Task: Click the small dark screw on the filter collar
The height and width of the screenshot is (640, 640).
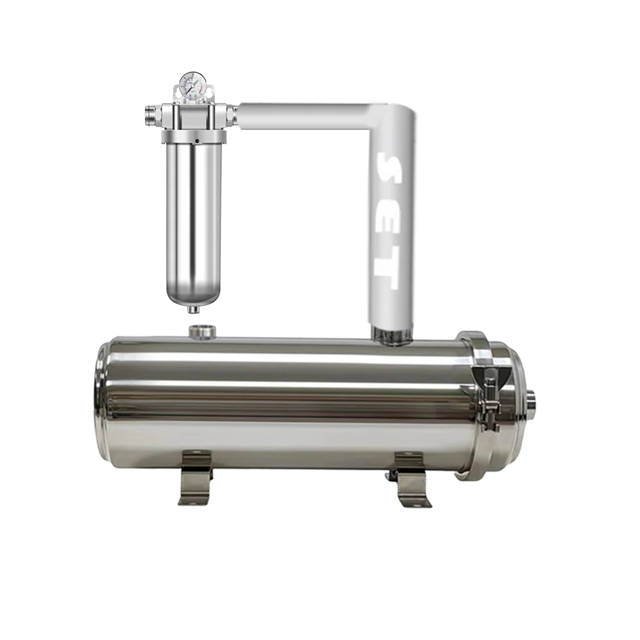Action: (x=195, y=140)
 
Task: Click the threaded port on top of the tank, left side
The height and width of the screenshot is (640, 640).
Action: (x=202, y=332)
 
